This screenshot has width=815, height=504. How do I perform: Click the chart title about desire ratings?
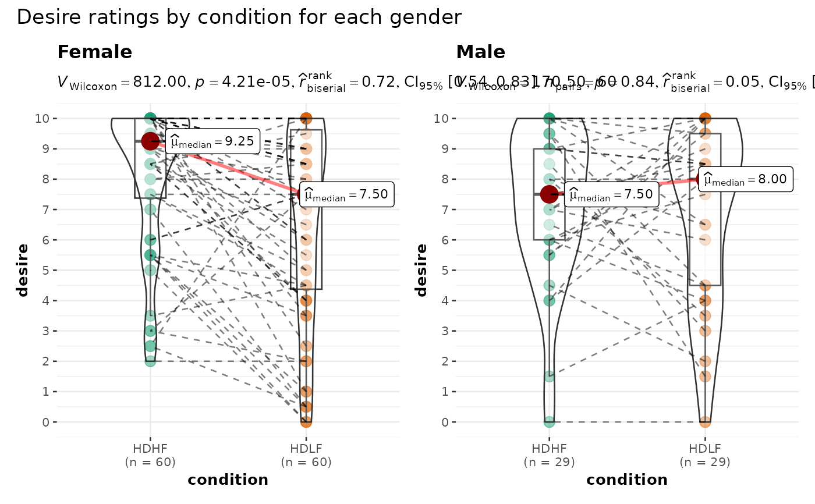pos(239,17)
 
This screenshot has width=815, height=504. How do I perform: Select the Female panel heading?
pos(94,52)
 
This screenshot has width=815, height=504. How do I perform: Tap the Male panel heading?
pos(480,52)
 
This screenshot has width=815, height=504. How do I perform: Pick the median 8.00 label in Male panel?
pos(747,180)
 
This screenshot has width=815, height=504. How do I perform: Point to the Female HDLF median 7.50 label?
pos(347,194)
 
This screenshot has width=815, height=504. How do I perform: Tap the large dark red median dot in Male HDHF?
pos(549,194)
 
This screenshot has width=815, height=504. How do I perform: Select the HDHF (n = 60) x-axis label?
pos(150,456)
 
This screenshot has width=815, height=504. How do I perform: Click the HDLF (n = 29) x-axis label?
pos(705,456)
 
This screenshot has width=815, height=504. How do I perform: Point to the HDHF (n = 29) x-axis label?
pos(549,456)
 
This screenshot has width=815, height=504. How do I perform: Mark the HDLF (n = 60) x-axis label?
pos(306,456)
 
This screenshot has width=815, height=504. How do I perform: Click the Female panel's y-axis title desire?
pos(23,270)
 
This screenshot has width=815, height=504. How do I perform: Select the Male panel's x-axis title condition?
pos(627,480)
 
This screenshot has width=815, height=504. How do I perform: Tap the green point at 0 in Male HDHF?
pos(549,421)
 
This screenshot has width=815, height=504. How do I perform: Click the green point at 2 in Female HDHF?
pos(150,361)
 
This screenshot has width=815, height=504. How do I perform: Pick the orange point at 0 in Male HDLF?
pos(705,421)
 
